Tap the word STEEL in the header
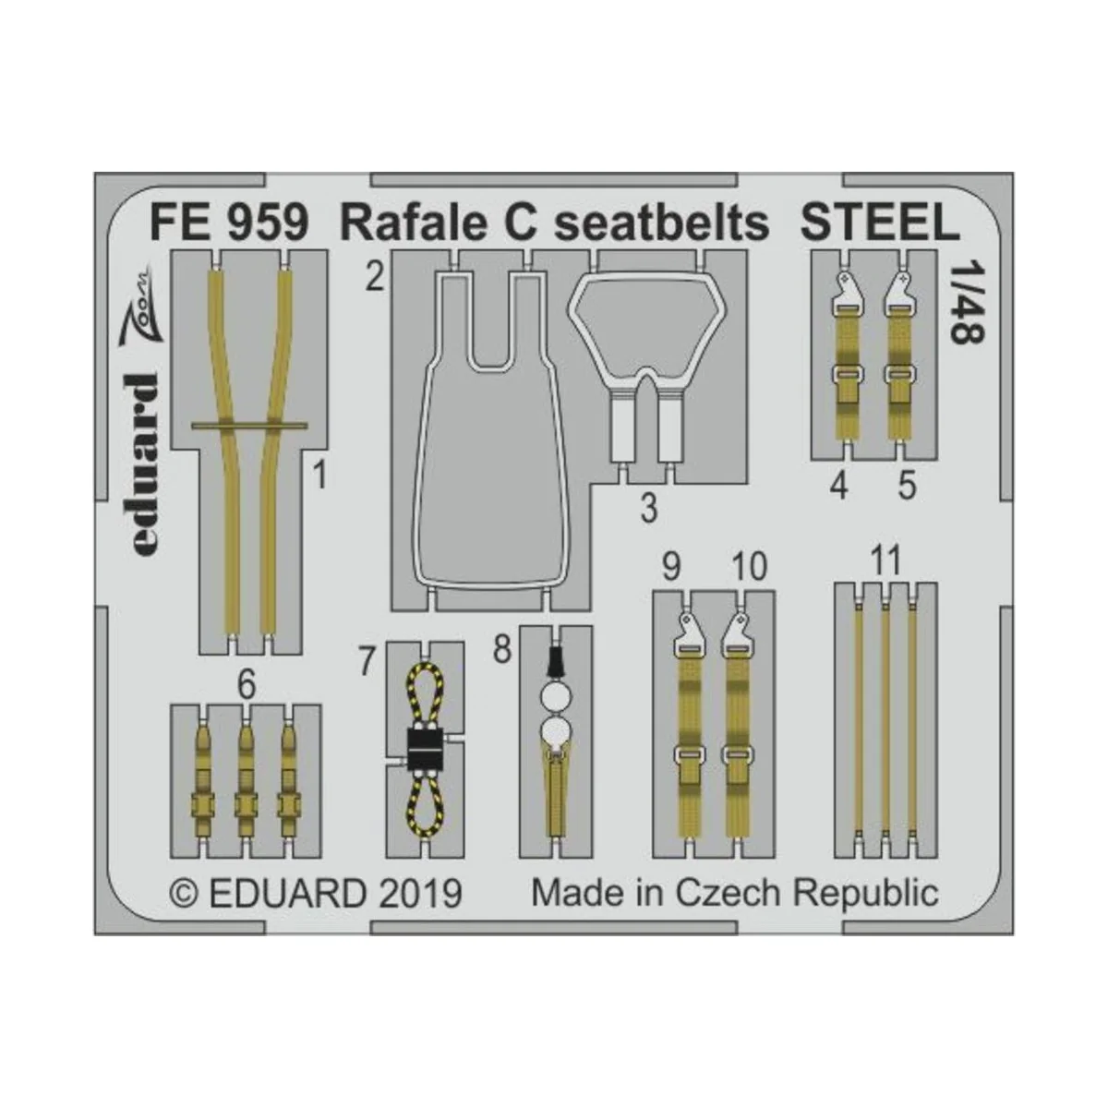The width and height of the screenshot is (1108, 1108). (x=878, y=224)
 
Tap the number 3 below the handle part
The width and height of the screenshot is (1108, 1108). (x=649, y=507)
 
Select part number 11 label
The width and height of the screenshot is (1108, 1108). (x=885, y=561)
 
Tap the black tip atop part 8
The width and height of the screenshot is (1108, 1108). (x=556, y=662)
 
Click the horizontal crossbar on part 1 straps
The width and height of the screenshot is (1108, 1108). (x=250, y=426)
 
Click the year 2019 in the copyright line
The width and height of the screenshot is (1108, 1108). (x=417, y=894)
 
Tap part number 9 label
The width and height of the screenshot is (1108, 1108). (x=671, y=566)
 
